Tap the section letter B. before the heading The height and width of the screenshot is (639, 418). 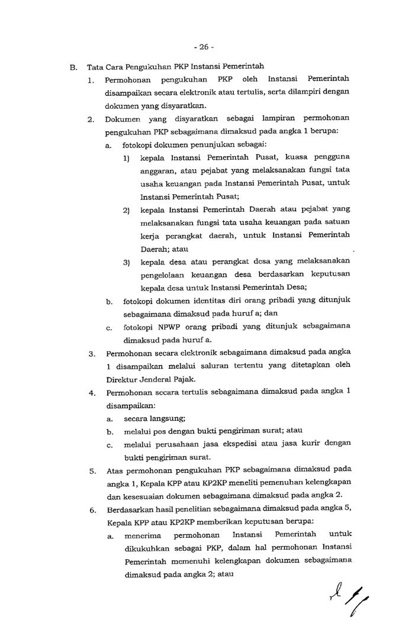tap(73, 67)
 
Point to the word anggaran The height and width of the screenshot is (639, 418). tap(159, 170)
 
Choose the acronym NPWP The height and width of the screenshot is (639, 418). tap(171, 327)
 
